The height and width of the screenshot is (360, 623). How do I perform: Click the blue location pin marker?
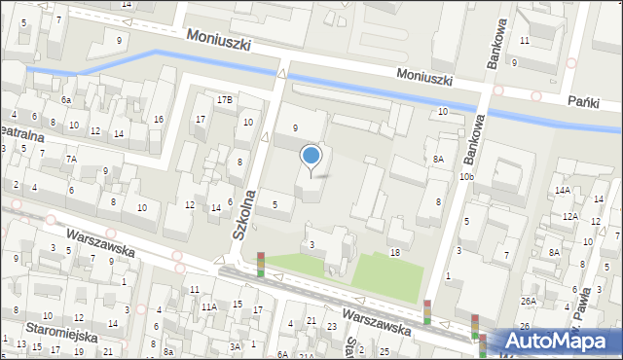pos(311,156)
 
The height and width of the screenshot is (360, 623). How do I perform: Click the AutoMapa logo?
pos(555,341)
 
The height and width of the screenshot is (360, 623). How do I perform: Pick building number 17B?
pos(225,99)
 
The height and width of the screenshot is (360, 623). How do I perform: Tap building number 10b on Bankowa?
pos(467,176)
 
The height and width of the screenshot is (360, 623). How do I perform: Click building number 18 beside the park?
pos(394,253)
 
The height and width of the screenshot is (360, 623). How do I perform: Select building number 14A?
pos(562,190)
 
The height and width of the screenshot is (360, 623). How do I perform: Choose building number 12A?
pos(568,216)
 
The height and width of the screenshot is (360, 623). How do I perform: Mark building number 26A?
pos(528,302)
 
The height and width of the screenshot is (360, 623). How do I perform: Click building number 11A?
pos(208,306)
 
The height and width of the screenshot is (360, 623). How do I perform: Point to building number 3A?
pos(235,346)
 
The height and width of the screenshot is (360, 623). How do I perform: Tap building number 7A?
pos(71,159)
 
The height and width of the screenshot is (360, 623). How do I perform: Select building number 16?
pos(158,120)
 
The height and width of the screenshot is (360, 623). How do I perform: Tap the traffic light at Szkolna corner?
pos(260,264)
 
